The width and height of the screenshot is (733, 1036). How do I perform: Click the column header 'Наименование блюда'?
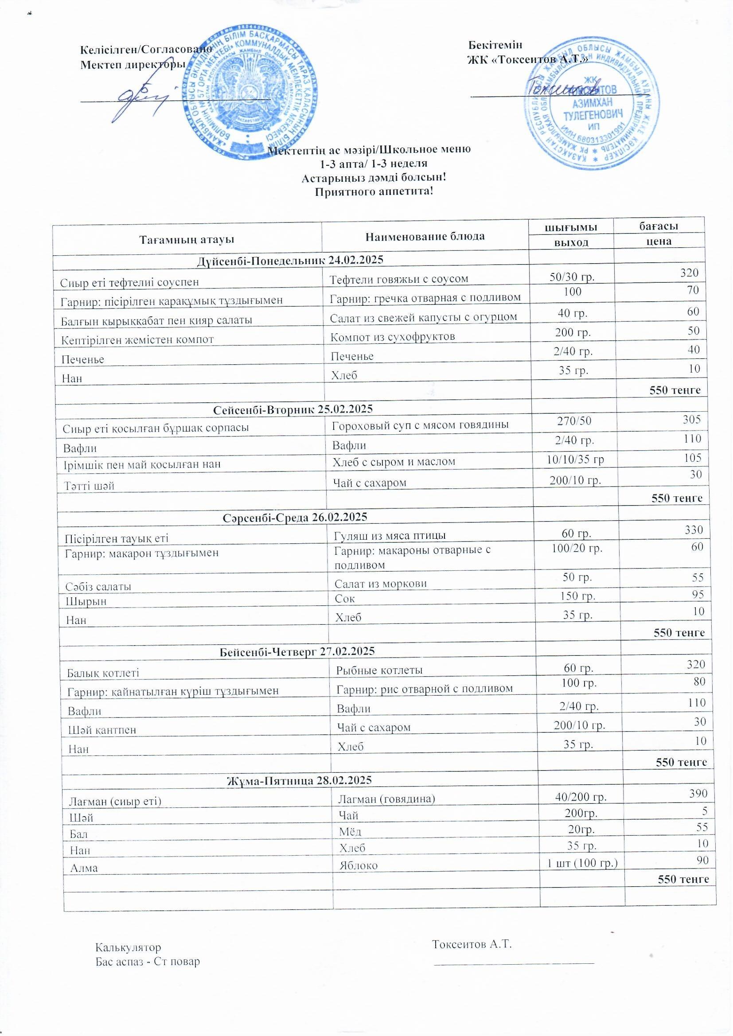pyautogui.click(x=425, y=236)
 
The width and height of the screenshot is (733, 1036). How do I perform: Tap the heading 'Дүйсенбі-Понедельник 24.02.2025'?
pyautogui.click(x=290, y=260)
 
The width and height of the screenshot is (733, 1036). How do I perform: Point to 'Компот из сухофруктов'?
pyautogui.click(x=393, y=337)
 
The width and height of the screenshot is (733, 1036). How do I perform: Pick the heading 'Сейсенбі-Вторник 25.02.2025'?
pyautogui.click(x=292, y=409)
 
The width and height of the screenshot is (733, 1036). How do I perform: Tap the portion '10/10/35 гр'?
pyautogui.click(x=575, y=460)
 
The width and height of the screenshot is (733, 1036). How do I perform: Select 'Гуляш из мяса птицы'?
pyautogui.click(x=390, y=536)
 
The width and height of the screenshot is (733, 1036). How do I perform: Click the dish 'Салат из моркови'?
pyautogui.click(x=381, y=584)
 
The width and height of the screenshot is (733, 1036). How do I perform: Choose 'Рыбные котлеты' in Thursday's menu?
pyautogui.click(x=379, y=670)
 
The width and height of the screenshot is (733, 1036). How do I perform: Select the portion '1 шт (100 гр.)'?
pyautogui.click(x=582, y=864)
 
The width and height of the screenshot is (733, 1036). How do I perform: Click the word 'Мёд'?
pyautogui.click(x=350, y=831)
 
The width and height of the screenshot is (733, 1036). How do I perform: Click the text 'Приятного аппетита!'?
pyautogui.click(x=374, y=192)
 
